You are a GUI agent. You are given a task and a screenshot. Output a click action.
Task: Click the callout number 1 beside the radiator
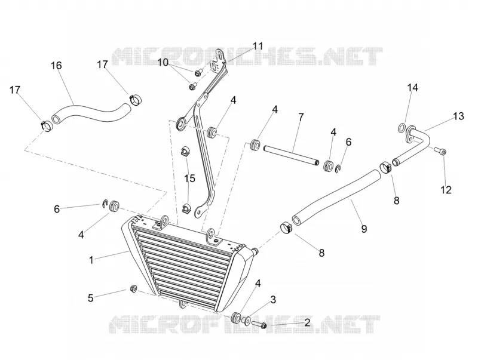[x=91, y=260]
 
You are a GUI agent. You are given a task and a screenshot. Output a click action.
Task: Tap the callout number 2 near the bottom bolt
[x=307, y=322]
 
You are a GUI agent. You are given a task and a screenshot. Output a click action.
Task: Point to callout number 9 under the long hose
[x=364, y=229]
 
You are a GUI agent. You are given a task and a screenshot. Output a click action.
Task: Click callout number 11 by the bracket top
[x=258, y=46]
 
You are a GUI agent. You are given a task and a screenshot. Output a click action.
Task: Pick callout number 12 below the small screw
[x=446, y=190]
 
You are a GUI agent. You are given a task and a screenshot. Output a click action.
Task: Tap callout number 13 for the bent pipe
[x=458, y=116]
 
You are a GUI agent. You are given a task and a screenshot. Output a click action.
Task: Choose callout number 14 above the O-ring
[x=412, y=88]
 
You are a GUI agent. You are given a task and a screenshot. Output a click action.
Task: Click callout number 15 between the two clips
[x=189, y=178]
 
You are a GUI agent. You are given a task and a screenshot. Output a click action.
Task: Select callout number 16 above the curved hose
[x=56, y=66]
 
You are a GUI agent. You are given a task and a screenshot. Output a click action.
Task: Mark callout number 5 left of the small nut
[x=91, y=298]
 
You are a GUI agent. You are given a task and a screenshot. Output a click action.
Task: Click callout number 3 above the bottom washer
[x=273, y=299]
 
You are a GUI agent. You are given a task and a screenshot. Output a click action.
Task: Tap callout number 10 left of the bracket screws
[x=163, y=63]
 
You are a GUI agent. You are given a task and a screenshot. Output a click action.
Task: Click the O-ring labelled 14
[x=402, y=128]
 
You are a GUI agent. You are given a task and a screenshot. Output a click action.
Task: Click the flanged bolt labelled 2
[x=259, y=325]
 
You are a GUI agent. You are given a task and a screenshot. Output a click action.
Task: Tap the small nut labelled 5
[x=133, y=288]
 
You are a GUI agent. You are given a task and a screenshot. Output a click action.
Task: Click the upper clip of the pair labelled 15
[x=184, y=151]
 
